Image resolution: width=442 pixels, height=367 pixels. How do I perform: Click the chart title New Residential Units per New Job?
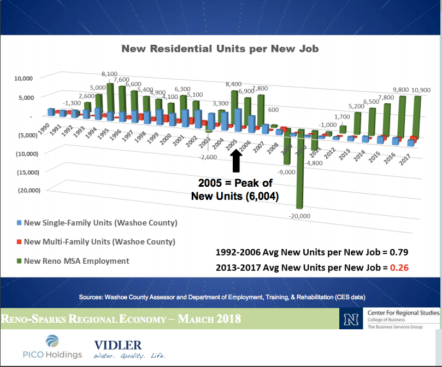pyautogui.click(x=220, y=49)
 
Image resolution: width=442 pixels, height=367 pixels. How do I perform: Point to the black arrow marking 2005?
pyautogui.click(x=236, y=161)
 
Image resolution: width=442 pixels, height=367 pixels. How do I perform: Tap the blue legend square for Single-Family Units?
pyautogui.click(x=19, y=223)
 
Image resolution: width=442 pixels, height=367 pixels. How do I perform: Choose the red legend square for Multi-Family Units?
pyautogui.click(x=19, y=241)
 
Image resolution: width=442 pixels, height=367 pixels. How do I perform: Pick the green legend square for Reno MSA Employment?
pyautogui.click(x=19, y=261)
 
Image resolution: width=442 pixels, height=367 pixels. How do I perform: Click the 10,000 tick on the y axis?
pyautogui.click(x=22, y=79)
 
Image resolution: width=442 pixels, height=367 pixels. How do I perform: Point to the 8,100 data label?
pyautogui.click(x=110, y=73)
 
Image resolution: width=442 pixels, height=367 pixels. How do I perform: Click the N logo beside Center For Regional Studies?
pyautogui.click(x=347, y=319)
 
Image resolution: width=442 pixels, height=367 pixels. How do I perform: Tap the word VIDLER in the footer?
pyautogui.click(x=118, y=345)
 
